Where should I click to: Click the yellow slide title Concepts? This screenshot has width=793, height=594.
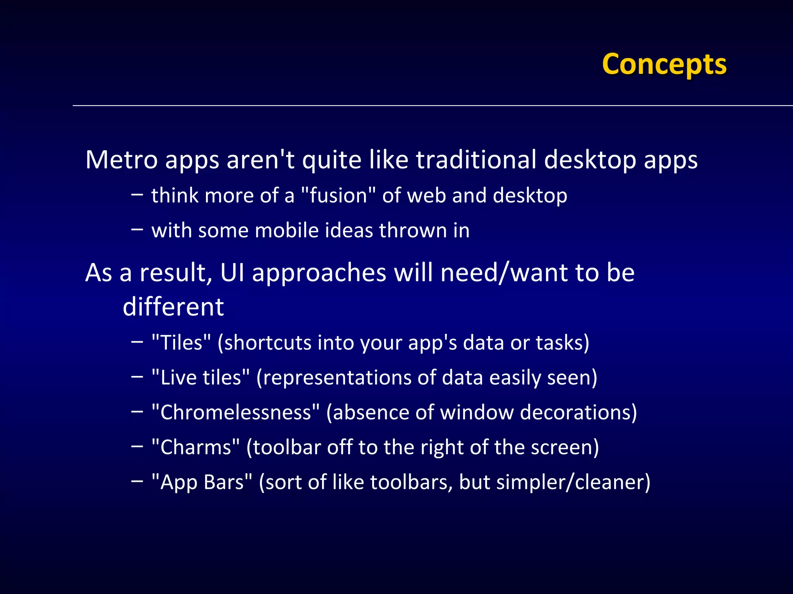[x=664, y=64]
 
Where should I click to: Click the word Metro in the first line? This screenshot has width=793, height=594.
[x=121, y=159]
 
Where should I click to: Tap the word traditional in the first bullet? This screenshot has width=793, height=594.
[x=476, y=159]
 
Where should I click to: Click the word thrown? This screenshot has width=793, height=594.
[x=413, y=230]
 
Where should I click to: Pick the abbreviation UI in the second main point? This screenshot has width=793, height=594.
[x=232, y=272]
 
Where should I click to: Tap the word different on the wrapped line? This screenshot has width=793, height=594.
[x=173, y=307]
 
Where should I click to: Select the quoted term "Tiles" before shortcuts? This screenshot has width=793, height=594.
[x=181, y=343]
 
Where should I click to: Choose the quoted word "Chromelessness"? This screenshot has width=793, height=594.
[x=235, y=412]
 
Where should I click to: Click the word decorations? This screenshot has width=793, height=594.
[x=575, y=412]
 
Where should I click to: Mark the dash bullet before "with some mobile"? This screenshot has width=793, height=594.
[x=137, y=229]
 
